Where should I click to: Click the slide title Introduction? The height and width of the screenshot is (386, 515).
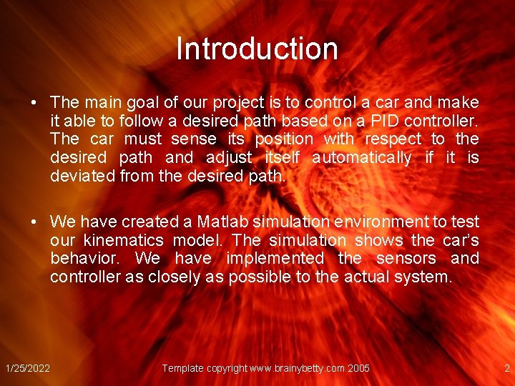pyautogui.click(x=257, y=49)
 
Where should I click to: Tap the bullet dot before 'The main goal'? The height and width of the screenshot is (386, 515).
pyautogui.click(x=34, y=102)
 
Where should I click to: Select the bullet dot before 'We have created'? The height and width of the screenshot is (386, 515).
pyautogui.click(x=34, y=222)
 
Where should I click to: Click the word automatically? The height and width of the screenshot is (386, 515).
pyautogui.click(x=362, y=157)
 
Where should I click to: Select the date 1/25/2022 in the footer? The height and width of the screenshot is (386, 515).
pyautogui.click(x=28, y=368)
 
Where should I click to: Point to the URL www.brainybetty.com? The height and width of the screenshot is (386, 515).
pyautogui.click(x=295, y=368)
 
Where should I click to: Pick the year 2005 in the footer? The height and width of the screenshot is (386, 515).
pyautogui.click(x=358, y=368)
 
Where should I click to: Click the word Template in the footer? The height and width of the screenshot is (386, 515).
pyautogui.click(x=183, y=368)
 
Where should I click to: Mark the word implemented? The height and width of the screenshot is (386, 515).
pyautogui.click(x=275, y=258)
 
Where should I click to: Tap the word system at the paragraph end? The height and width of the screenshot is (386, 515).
pyautogui.click(x=426, y=277)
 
